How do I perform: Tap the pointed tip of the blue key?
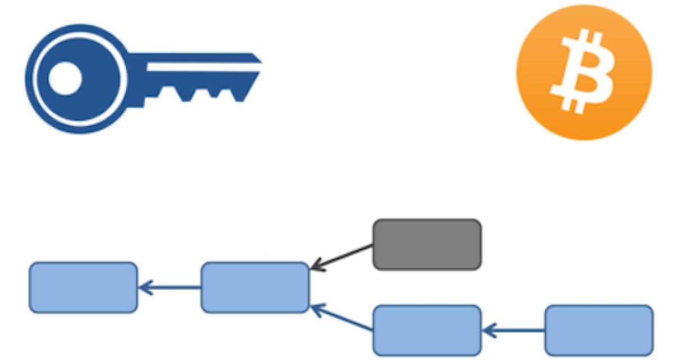pos(259,58)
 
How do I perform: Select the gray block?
pos(427,244)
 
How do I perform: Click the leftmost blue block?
pos(83,287)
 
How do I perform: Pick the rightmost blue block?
pos(599,330)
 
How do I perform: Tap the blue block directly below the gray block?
pos(427,330)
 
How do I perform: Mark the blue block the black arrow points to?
pos(255,287)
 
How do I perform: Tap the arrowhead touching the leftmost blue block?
pos(143,287)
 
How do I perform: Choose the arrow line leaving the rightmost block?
pos(518,330)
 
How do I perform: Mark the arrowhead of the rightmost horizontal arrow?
pos(487,330)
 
